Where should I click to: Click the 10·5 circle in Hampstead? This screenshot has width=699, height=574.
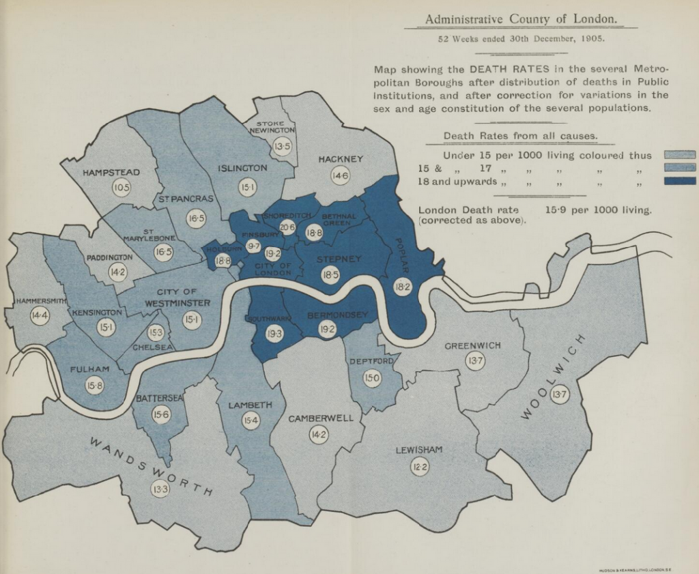point(122,187)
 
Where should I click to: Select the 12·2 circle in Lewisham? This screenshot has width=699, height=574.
point(419,467)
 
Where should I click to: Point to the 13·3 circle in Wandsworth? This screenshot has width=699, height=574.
point(160,489)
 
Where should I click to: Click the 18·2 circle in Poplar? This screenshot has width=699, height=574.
point(403,287)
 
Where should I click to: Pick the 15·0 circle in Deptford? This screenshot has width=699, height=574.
point(372,378)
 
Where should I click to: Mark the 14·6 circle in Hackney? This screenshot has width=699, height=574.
point(340,176)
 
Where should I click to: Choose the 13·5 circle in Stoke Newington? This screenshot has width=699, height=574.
point(282,146)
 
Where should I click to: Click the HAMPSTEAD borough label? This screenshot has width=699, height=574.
point(111,173)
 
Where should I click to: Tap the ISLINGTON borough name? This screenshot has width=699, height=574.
point(242,168)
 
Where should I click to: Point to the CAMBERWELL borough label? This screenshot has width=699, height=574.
point(321,418)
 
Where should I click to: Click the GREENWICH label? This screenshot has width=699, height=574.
point(472,345)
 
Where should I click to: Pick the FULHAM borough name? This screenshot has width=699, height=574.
point(89,369)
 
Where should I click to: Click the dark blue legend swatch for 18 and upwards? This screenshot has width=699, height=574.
point(679,181)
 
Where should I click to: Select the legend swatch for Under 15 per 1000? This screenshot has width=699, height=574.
point(679,155)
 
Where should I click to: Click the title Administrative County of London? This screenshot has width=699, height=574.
point(520,19)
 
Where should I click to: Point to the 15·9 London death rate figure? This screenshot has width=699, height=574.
point(560,210)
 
